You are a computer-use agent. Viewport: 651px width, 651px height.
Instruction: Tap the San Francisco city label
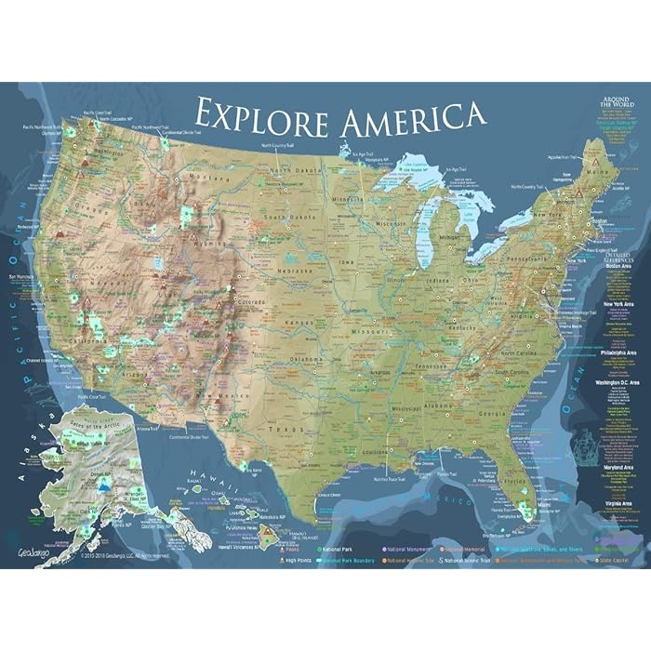(21, 277)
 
